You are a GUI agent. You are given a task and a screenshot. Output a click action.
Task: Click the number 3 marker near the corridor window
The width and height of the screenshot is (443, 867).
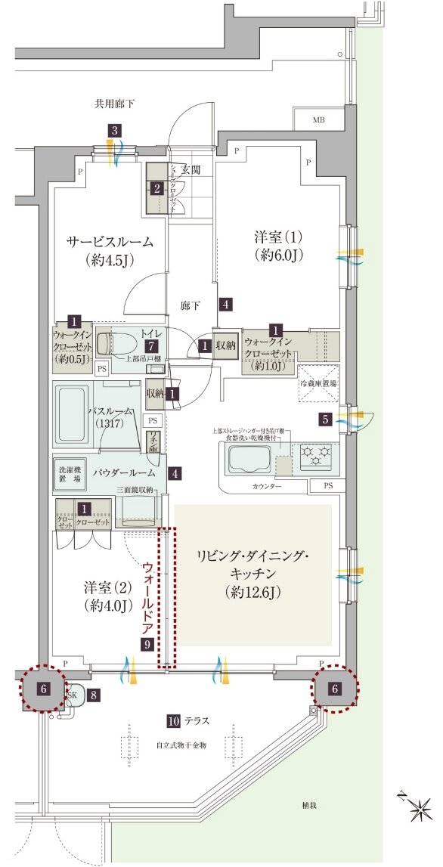click(x=114, y=131)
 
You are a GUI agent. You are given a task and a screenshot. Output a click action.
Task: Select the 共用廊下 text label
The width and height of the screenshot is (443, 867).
click(x=114, y=104)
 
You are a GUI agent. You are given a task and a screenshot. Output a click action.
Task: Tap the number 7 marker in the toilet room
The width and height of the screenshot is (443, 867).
click(x=153, y=345)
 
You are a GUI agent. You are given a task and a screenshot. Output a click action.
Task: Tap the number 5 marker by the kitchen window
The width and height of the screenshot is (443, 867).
click(x=324, y=418)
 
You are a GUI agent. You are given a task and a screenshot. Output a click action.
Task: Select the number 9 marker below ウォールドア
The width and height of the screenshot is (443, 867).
click(x=147, y=644)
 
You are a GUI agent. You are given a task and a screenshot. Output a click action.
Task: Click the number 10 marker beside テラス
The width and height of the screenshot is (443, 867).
click(x=174, y=720)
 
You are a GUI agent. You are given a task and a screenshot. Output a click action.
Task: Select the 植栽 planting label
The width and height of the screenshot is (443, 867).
click(x=307, y=806)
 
